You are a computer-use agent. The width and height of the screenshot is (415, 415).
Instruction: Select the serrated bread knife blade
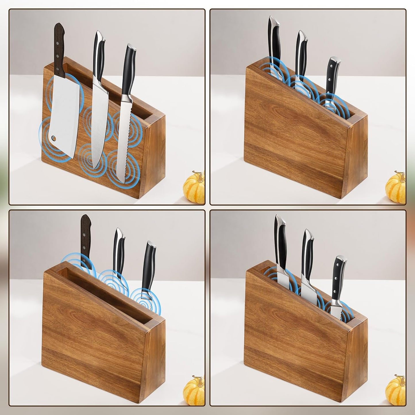[124, 144]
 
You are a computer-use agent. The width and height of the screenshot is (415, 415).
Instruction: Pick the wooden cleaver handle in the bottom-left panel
[86, 236]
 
